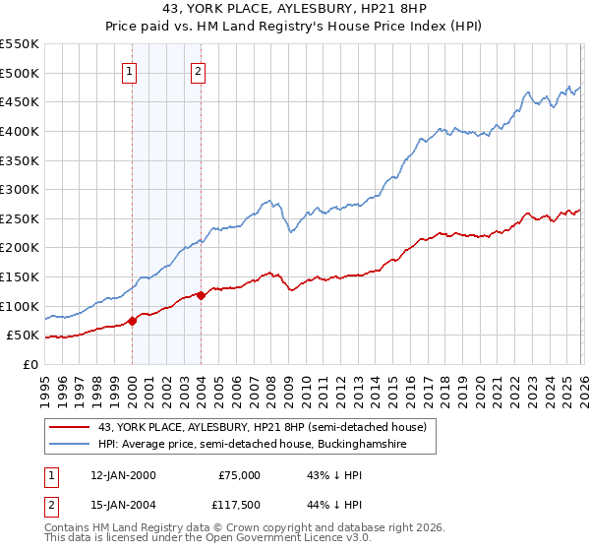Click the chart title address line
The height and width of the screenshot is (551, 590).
(294, 9)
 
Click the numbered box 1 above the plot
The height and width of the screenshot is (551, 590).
(131, 71)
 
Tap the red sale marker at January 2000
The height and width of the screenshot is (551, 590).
(132, 321)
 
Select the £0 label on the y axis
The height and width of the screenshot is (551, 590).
(29, 364)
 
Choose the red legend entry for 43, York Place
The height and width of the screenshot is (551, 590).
(262, 427)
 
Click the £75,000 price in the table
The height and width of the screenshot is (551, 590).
(239, 475)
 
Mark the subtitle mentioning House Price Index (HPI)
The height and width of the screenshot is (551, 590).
(294, 27)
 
